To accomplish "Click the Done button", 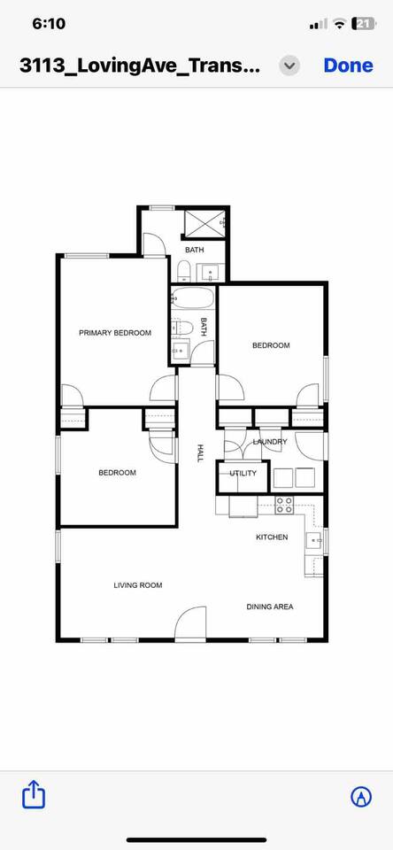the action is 348,65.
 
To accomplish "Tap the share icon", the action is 34,794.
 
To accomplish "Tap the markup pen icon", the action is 361,796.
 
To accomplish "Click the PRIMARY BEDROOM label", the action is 115,333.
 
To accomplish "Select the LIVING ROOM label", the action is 138,585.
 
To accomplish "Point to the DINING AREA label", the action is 270,607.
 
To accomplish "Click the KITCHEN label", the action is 272,537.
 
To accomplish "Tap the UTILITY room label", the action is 243,473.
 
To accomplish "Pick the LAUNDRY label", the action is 270,442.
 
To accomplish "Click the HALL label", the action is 199,453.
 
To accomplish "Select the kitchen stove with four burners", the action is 285,505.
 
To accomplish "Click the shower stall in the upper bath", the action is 204,223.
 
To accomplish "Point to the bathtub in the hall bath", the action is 192,298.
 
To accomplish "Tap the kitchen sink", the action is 314,540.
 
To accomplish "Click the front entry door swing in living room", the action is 191,623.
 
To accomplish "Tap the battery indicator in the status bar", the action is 363,24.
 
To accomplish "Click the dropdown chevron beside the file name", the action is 290,66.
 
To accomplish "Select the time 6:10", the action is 49,24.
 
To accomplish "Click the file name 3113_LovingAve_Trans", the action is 140,66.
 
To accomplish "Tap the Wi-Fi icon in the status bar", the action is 340,24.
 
